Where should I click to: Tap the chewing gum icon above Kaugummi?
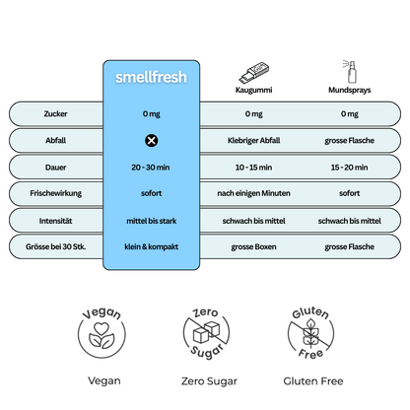[x=253, y=72]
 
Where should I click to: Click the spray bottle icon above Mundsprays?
[x=347, y=70]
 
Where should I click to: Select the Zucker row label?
[x=56, y=113]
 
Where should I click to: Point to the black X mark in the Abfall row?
[x=152, y=140]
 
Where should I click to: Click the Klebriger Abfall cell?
[x=254, y=140]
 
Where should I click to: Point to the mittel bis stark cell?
[x=152, y=219]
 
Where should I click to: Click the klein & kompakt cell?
[x=152, y=244]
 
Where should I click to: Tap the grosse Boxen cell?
[x=254, y=244]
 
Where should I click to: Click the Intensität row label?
[x=56, y=219]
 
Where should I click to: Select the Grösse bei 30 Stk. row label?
[x=56, y=244]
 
